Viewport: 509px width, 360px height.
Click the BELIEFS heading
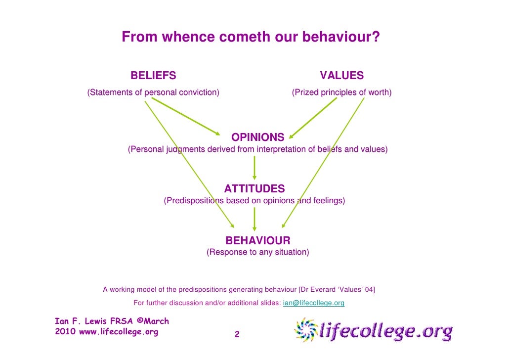(153, 76)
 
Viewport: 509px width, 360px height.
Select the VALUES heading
(341, 76)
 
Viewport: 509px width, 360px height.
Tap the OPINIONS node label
(258, 137)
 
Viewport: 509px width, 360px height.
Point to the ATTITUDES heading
(254, 189)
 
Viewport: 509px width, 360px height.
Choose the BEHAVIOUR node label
(258, 241)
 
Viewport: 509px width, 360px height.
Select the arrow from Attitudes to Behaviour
(254, 219)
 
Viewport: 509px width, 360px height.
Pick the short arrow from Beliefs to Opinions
(185, 116)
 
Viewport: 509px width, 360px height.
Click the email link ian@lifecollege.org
(313, 303)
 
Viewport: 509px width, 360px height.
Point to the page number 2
(237, 335)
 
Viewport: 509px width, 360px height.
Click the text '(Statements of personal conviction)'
(153, 92)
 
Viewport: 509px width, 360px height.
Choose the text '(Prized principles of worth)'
(341, 92)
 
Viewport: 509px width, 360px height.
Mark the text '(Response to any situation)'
(258, 253)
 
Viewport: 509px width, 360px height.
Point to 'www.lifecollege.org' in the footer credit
(119, 332)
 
